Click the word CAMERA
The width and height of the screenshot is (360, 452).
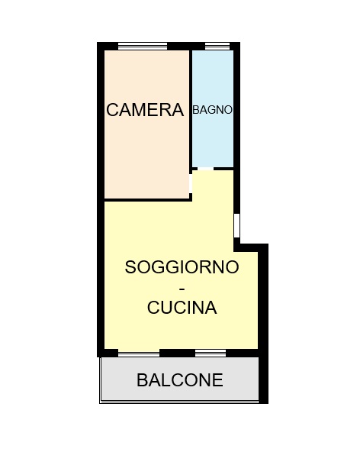click(145, 110)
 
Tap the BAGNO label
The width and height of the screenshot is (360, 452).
click(212, 110)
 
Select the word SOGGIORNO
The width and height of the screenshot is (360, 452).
click(182, 267)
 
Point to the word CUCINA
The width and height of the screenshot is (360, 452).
click(182, 308)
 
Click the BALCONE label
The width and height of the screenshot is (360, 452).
click(180, 380)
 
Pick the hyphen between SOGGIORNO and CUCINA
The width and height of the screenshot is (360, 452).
click(182, 289)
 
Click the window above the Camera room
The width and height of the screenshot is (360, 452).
click(143, 46)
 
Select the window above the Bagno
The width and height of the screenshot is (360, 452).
click(217, 46)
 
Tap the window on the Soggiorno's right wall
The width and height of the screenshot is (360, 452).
click(236, 225)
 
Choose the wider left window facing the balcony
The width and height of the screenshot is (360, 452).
click(139, 353)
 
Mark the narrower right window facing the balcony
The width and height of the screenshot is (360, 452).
click(211, 353)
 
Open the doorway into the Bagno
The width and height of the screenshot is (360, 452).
click(206, 168)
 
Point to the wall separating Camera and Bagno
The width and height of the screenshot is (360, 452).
click(191, 108)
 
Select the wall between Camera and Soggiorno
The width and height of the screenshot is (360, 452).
click(146, 200)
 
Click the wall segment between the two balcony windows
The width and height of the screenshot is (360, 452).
click(178, 353)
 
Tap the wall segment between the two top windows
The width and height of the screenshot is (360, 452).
click(186, 46)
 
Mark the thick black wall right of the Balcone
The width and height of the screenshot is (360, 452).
click(263, 376)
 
